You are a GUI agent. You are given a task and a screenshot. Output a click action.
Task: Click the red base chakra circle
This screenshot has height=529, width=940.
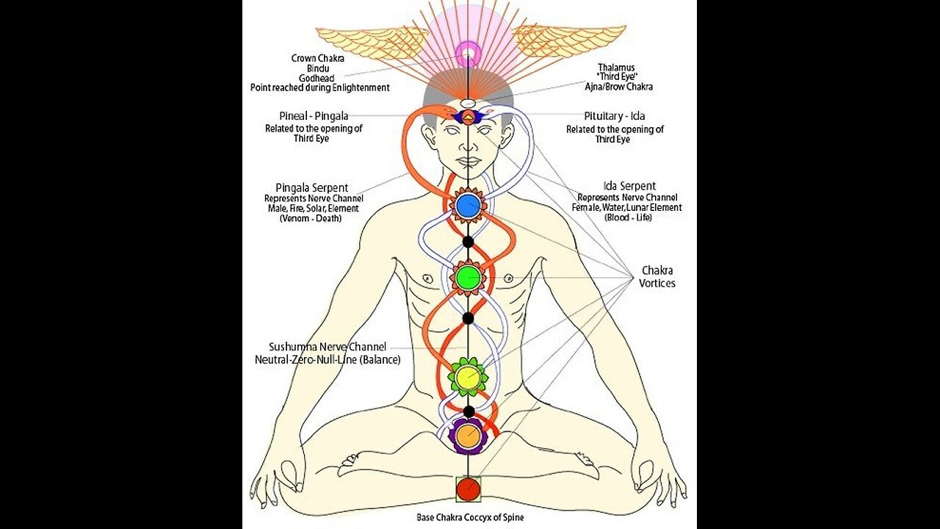coord(468,489)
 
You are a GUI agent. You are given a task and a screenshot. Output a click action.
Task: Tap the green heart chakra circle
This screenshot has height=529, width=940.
coord(468,277)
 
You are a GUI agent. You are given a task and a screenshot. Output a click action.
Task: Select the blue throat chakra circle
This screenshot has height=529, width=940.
coord(468,205)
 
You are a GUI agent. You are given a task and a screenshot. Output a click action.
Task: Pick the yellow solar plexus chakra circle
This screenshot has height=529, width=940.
coord(468,378)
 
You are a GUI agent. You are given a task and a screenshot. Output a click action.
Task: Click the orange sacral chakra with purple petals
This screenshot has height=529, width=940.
coord(468,436)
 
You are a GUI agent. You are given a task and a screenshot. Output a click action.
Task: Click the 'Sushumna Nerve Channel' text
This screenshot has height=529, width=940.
coord(328,347)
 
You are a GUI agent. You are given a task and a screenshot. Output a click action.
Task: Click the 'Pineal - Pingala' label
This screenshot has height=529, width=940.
coord(314,116)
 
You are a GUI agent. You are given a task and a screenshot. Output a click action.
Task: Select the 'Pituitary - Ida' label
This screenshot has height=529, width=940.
coord(614,116)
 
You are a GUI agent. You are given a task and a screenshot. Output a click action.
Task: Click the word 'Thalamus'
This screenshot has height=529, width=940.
coord(616,66)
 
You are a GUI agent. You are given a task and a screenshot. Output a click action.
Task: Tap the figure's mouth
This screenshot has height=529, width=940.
coord(468,163)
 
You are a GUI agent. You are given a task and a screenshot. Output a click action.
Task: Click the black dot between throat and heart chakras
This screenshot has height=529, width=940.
coord(468,241)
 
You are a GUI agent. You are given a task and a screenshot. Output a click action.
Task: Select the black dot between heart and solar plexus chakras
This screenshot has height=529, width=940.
coord(468,318)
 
